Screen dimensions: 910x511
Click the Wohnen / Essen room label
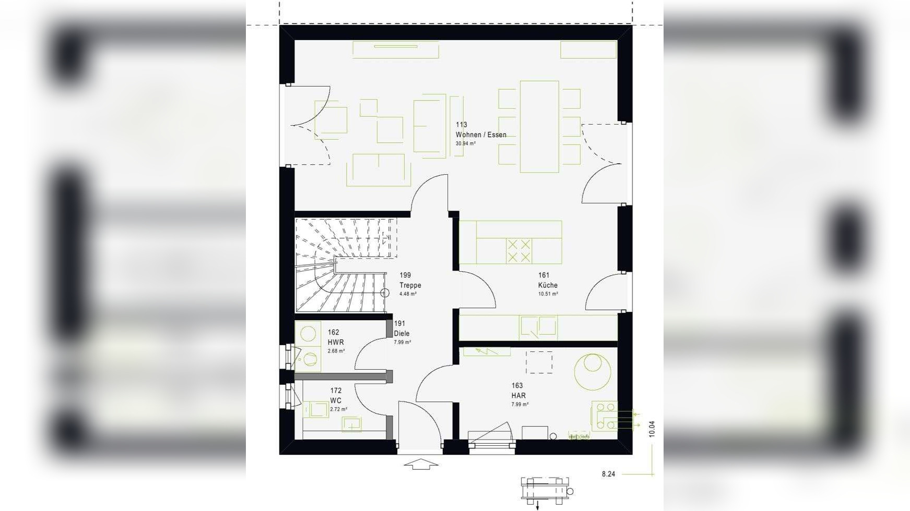click(481, 135)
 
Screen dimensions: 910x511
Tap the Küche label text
click(548, 285)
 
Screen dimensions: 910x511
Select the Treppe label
click(410, 285)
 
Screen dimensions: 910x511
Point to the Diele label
click(401, 334)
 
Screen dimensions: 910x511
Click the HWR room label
click(336, 343)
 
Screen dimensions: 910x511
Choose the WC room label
click(336, 401)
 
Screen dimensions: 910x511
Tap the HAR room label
click(518, 396)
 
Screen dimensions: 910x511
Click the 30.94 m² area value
click(466, 143)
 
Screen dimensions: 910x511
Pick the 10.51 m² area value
click(548, 294)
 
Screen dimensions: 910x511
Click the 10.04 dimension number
click(652, 429)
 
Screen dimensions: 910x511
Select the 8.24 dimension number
click(608, 474)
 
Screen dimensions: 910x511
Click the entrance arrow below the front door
click(421, 464)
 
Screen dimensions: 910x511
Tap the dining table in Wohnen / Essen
click(539, 127)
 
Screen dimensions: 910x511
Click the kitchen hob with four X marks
click(519, 251)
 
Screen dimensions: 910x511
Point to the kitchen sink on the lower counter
click(538, 327)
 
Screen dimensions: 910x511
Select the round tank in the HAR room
click(593, 372)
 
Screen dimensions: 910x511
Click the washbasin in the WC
click(351, 424)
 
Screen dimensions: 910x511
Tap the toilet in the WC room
click(315, 409)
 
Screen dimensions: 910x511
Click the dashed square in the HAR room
click(539, 362)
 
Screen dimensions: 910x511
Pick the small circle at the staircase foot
click(385, 293)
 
